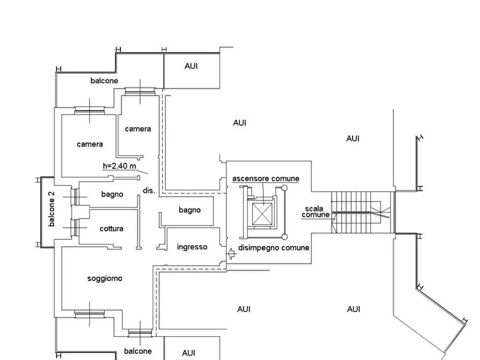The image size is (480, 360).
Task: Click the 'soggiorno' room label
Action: coord(105,278)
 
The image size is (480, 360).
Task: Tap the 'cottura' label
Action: coord(111,229)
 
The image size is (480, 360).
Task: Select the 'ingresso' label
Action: coord(192,247)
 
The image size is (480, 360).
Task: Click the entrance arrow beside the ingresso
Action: coord(232,254)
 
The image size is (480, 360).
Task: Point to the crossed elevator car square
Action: coord(262,214)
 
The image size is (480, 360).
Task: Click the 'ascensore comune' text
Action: coord(266,178)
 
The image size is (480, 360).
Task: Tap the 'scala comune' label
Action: coord(316,212)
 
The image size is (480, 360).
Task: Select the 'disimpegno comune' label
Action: coord(274,248)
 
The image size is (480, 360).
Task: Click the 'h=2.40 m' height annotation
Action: coord(119,166)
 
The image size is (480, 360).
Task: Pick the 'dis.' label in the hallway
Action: coord(149,190)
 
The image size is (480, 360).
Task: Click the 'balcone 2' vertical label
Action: coord(52,209)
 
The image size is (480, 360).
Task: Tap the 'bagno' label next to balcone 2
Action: coord(112,195)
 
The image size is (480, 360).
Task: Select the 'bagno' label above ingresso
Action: coord(190,210)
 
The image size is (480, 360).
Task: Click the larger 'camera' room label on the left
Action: coord(90,144)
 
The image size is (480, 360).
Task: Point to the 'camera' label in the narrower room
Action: coord(138,129)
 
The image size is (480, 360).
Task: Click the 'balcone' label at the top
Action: coord(104,81)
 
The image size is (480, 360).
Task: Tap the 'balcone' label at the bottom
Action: coord(138,351)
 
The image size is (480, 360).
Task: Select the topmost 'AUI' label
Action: coord(191,66)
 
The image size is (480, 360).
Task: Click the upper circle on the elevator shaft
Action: coord(284,188)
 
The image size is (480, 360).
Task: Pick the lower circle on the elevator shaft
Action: coord(284,236)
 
